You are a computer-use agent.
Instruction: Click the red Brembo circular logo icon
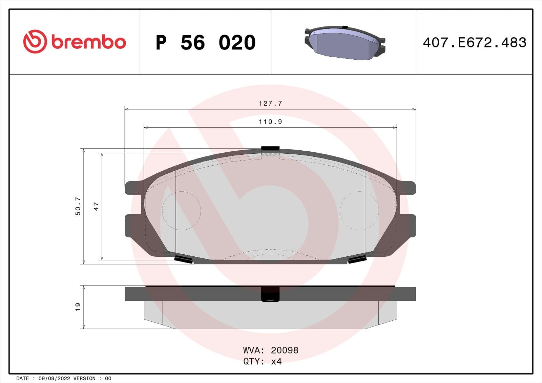pyautogui.click(x=35, y=42)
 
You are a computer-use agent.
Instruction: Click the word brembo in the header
pyautogui.click(x=89, y=42)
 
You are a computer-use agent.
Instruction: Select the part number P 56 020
pyautogui.click(x=205, y=43)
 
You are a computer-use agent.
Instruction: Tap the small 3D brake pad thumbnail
pyautogui.click(x=345, y=43)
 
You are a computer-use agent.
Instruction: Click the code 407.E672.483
pyautogui.click(x=474, y=43)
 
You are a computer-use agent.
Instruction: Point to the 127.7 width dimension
pyautogui.click(x=270, y=103)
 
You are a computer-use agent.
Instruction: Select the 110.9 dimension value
pyautogui.click(x=270, y=122)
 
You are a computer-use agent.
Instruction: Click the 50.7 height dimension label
pyautogui.click(x=78, y=206)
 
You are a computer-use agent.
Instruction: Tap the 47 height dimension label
pyautogui.click(x=96, y=206)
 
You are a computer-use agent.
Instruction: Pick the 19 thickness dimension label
pyautogui.click(x=78, y=307)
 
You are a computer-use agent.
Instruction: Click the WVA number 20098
pyautogui.click(x=285, y=350)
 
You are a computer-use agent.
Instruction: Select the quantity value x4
pyautogui.click(x=276, y=361)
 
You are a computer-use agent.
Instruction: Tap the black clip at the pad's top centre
pyautogui.click(x=270, y=148)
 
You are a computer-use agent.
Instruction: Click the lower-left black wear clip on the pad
pyautogui.click(x=183, y=259)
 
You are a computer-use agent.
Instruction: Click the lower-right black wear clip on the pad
pyautogui.click(x=357, y=259)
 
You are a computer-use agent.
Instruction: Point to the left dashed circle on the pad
pyautogui.click(x=182, y=211)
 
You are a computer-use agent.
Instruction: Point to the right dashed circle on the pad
pyautogui.click(x=359, y=211)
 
